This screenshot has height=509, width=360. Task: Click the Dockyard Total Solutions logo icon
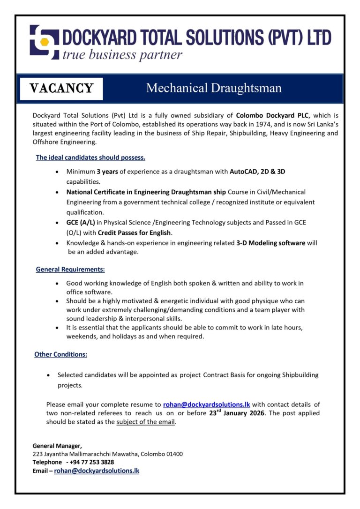[45, 41]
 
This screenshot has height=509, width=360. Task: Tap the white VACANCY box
[61, 89]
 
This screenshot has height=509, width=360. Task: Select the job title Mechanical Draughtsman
[214, 88]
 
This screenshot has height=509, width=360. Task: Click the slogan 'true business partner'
[122, 55]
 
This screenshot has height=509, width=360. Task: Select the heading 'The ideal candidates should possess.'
[90, 157]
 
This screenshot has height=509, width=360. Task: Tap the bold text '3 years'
[107, 172]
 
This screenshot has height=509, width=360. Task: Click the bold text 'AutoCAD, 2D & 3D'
[257, 172]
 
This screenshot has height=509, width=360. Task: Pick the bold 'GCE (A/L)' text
[81, 223]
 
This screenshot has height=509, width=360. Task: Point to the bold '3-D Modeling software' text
[271, 243]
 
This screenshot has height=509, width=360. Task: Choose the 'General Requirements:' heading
[70, 269]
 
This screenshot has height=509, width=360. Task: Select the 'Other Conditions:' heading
[61, 354]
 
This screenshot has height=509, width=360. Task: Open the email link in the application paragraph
[207, 404]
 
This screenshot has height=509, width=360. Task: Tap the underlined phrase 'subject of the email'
[145, 422]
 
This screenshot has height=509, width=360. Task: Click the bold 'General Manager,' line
[57, 445]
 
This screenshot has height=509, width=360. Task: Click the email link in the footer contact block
[97, 471]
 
